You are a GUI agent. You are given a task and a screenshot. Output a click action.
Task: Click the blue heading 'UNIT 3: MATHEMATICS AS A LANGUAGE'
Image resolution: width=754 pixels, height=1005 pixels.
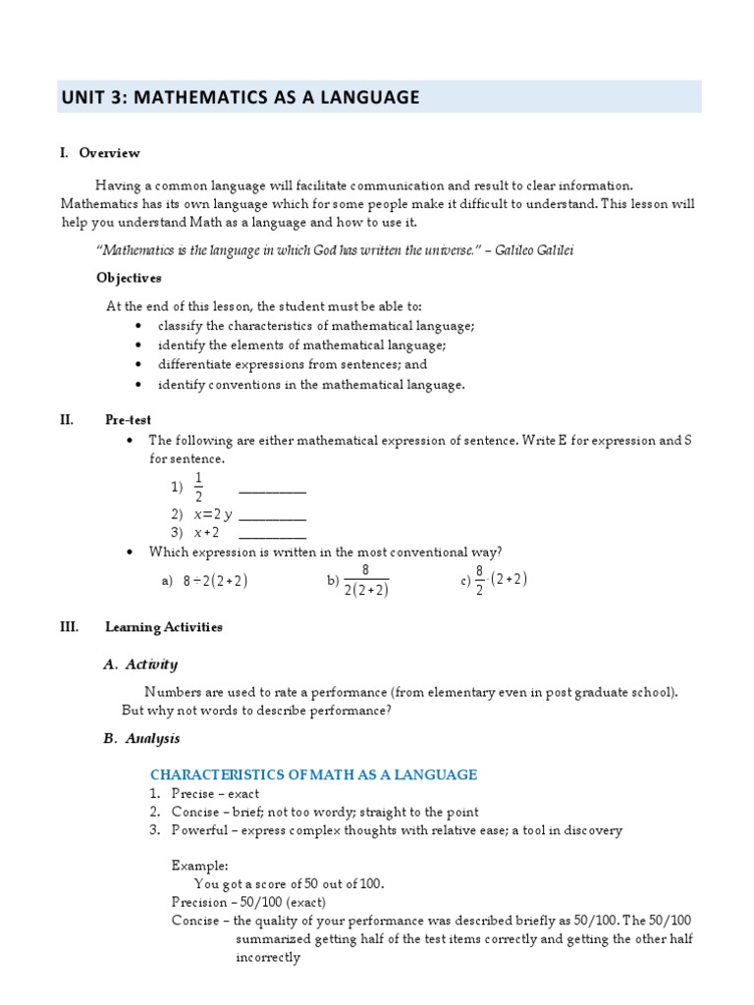pyautogui.click(x=241, y=97)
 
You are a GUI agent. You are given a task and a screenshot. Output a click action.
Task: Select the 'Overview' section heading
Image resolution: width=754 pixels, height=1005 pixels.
pyautogui.click(x=109, y=153)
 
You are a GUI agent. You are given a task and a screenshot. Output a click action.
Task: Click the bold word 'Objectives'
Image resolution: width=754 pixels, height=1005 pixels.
pyautogui.click(x=129, y=278)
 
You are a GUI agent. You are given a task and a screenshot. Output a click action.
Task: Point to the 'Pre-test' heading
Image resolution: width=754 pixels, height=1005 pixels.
pyautogui.click(x=129, y=420)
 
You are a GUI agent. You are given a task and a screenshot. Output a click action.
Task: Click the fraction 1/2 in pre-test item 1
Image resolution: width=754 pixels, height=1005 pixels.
pyautogui.click(x=198, y=486)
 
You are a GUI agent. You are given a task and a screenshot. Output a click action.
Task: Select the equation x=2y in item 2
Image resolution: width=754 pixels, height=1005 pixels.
pyautogui.click(x=213, y=514)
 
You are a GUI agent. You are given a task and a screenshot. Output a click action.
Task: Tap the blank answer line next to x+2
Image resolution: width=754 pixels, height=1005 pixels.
pyautogui.click(x=272, y=534)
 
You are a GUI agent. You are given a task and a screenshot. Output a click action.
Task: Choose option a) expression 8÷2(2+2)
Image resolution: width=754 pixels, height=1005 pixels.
pyautogui.click(x=214, y=581)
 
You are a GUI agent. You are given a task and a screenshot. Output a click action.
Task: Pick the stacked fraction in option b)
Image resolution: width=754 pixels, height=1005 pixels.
pyautogui.click(x=365, y=581)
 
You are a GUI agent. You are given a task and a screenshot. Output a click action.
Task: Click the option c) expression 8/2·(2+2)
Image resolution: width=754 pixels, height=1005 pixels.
pyautogui.click(x=501, y=580)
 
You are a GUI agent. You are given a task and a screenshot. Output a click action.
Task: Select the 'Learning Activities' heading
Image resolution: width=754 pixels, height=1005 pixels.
pyautogui.click(x=164, y=627)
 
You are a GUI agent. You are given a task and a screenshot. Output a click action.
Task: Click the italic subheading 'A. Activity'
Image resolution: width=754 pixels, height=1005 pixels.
pyautogui.click(x=140, y=664)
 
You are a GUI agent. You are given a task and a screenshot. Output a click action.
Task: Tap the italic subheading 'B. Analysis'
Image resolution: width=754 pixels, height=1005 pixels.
pyautogui.click(x=141, y=738)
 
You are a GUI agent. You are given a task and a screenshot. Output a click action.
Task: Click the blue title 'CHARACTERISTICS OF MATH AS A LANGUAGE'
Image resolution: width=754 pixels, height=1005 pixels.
pyautogui.click(x=313, y=775)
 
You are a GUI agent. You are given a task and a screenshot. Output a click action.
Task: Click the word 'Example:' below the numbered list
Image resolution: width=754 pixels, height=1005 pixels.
pyautogui.click(x=199, y=866)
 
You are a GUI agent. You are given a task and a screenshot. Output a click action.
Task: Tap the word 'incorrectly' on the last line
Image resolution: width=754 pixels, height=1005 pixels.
pyautogui.click(x=268, y=957)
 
